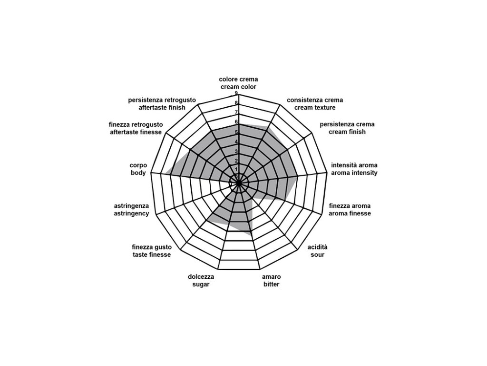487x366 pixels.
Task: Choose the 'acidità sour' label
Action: pyautogui.click(x=317, y=251)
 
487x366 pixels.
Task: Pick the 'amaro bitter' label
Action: pyautogui.click(x=271, y=281)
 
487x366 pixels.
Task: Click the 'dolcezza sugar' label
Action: pyautogui.click(x=201, y=281)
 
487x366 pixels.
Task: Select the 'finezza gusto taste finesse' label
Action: pyautogui.click(x=151, y=251)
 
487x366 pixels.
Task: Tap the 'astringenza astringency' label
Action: pyautogui.click(x=131, y=210)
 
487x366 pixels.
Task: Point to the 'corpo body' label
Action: pyautogui.click(x=138, y=169)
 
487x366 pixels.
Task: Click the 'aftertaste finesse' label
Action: pyautogui.click(x=136, y=128)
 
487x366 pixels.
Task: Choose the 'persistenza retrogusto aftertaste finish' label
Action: pyautogui.click(x=162, y=104)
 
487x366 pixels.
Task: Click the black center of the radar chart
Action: pyautogui.click(x=239, y=182)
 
